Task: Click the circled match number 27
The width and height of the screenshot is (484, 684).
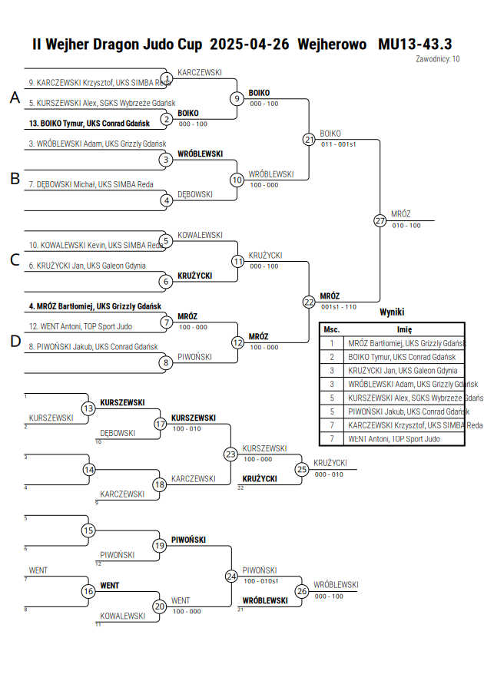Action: coord(380,221)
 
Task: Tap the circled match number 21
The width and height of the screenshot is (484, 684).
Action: coord(310,140)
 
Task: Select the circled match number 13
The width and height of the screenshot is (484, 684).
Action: coord(88,408)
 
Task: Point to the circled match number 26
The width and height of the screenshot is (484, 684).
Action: coord(302,591)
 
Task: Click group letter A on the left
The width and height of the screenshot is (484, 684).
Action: coord(15,97)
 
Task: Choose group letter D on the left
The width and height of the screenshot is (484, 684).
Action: coord(15,341)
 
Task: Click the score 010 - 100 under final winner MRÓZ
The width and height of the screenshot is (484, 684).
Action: coord(406,226)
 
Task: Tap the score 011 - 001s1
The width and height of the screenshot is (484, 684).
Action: coord(339,144)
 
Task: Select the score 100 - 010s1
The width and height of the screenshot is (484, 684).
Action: coord(261,581)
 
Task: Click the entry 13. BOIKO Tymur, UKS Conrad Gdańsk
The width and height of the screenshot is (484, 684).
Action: coord(89,124)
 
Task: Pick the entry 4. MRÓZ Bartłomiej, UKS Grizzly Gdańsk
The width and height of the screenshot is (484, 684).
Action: coord(95,306)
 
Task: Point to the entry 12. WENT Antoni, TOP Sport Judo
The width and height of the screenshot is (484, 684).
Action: coord(81,326)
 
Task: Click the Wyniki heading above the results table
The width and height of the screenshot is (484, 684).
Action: coord(392,312)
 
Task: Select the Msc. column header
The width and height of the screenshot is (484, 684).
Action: coord(332,330)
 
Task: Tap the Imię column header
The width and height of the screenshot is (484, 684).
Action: coord(405,330)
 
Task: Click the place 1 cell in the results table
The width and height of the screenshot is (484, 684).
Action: coord(332,343)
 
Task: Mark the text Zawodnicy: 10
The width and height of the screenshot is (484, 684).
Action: coord(438,59)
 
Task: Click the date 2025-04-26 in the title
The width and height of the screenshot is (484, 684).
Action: coord(250,44)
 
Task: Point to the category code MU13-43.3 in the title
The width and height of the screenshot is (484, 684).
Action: coord(415,44)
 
